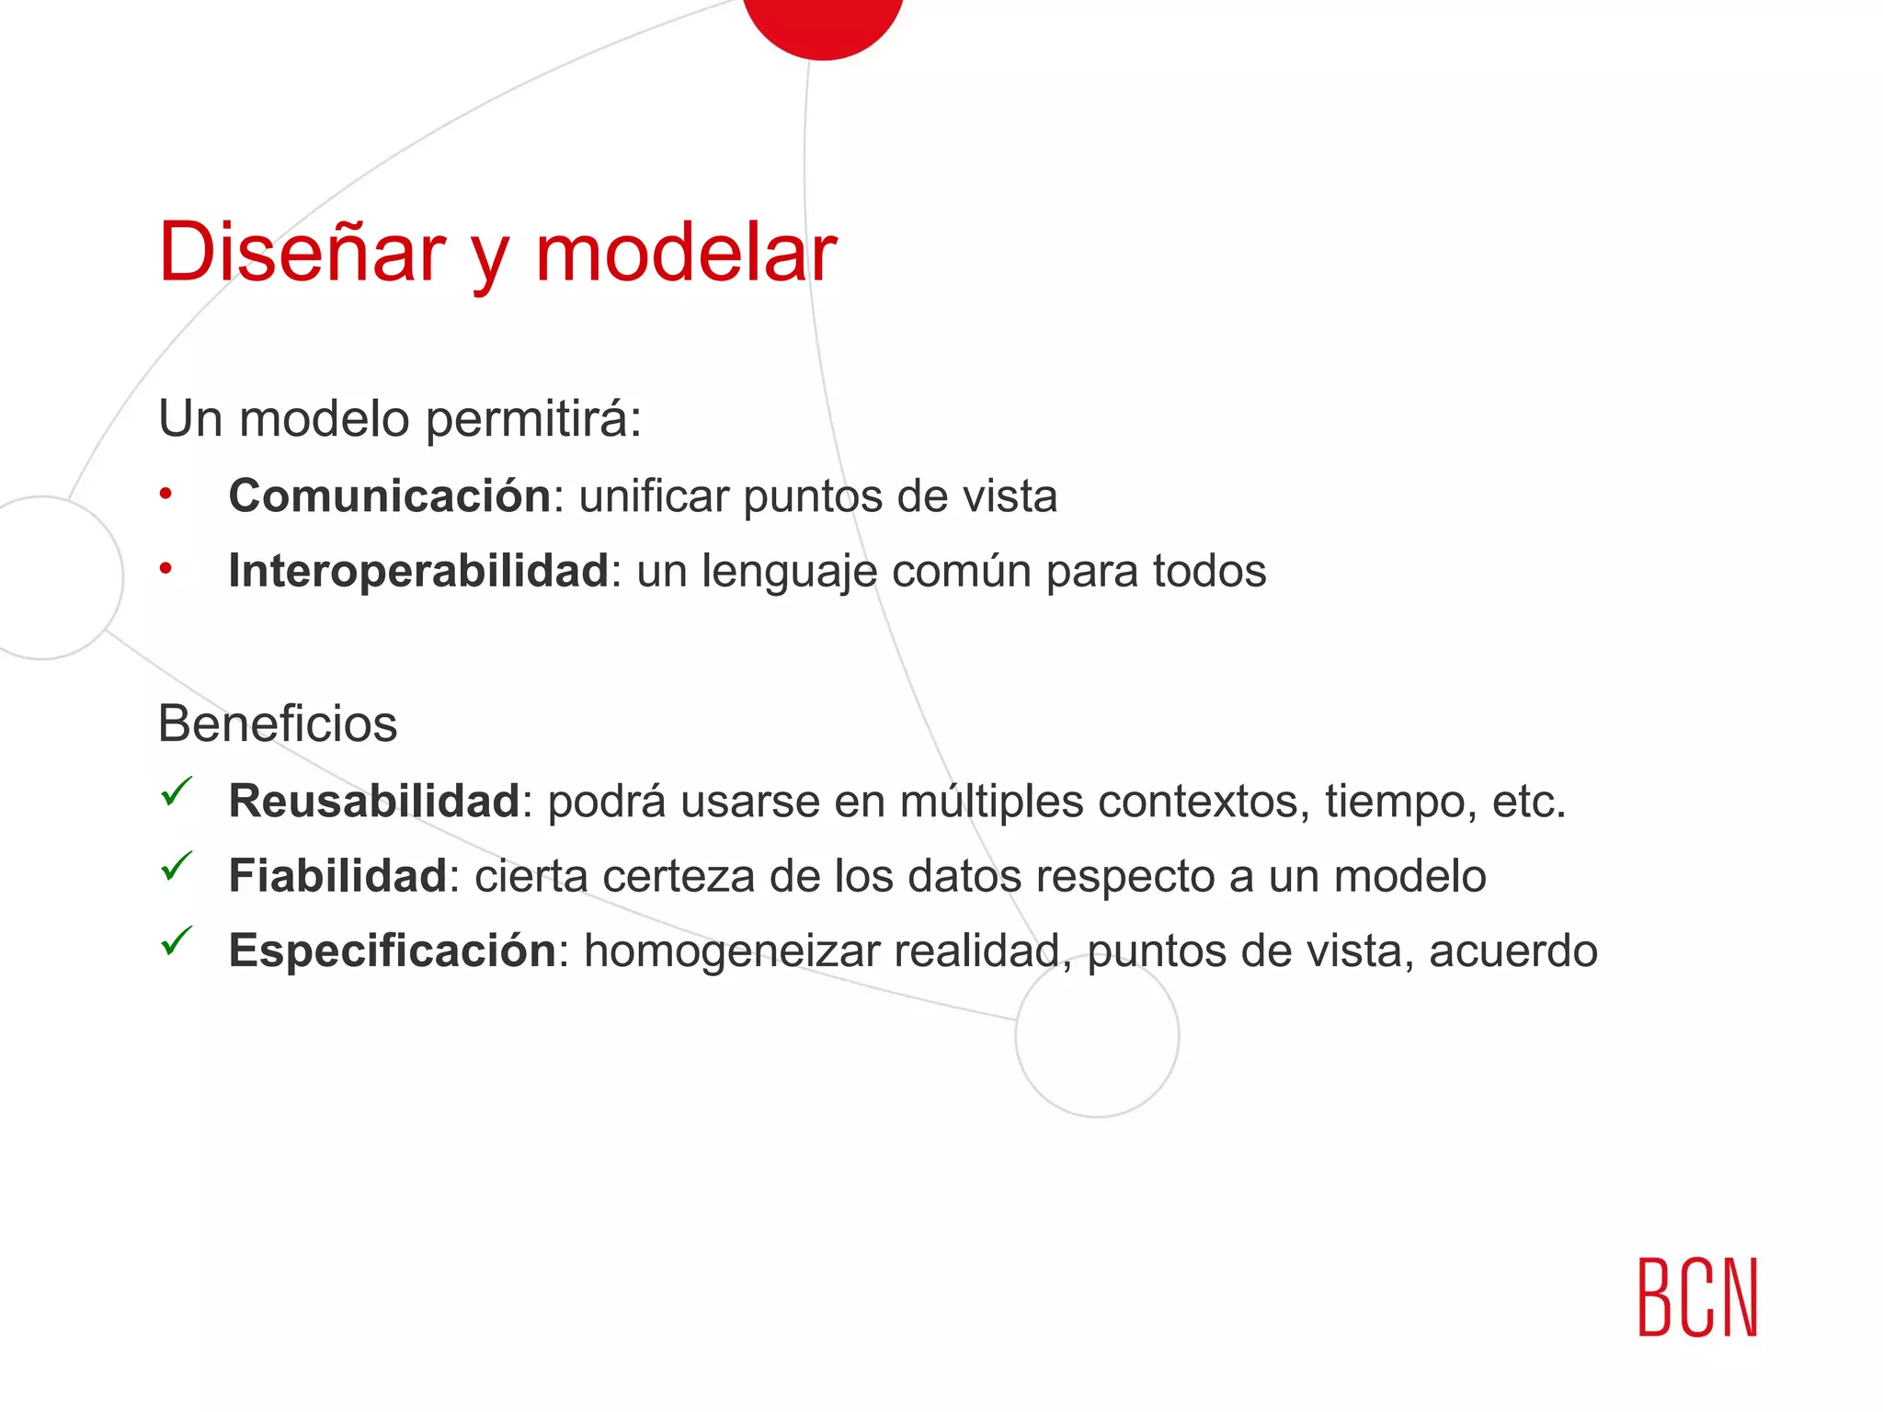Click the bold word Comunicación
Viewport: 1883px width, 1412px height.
[x=390, y=496]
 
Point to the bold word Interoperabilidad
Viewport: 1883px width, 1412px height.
[x=418, y=571]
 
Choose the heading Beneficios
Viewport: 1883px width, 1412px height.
[x=278, y=723]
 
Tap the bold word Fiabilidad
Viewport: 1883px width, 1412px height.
[x=337, y=876]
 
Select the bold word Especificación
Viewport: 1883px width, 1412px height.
[x=393, y=951]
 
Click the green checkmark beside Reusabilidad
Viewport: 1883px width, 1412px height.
[x=176, y=791]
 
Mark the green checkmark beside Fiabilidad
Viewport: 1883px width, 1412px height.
[x=176, y=866]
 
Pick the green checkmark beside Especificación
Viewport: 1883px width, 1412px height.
[x=176, y=940]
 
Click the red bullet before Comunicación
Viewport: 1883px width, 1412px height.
[x=165, y=495]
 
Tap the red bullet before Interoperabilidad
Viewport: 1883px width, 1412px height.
[x=165, y=569]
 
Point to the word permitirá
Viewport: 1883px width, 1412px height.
[x=533, y=420]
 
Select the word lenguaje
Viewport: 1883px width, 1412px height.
[x=790, y=573]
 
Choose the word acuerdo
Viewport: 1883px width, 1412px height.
[x=1513, y=951]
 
